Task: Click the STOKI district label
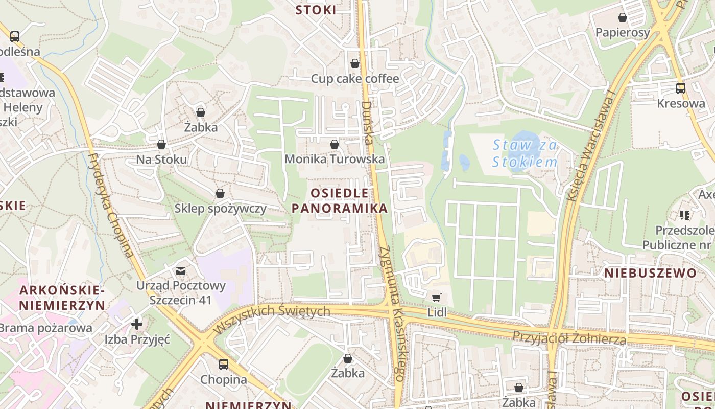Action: coord(316,10)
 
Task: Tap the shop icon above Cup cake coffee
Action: coord(354,63)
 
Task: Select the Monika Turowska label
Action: coord(335,159)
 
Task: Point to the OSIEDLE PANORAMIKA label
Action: coord(340,201)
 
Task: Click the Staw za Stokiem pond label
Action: coord(525,154)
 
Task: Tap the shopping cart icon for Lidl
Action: coord(436,298)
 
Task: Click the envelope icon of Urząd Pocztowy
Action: coord(181,270)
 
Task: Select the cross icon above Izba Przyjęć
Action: coord(137,324)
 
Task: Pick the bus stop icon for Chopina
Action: coord(224,365)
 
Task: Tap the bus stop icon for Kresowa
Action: coord(681,88)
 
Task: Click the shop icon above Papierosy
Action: coord(623,17)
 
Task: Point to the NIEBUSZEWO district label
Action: coord(650,273)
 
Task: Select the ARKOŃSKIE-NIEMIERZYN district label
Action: coord(62,298)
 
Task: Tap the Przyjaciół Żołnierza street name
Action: coord(569,338)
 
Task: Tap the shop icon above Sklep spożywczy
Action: coord(220,193)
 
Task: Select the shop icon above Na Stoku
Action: coord(161,145)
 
